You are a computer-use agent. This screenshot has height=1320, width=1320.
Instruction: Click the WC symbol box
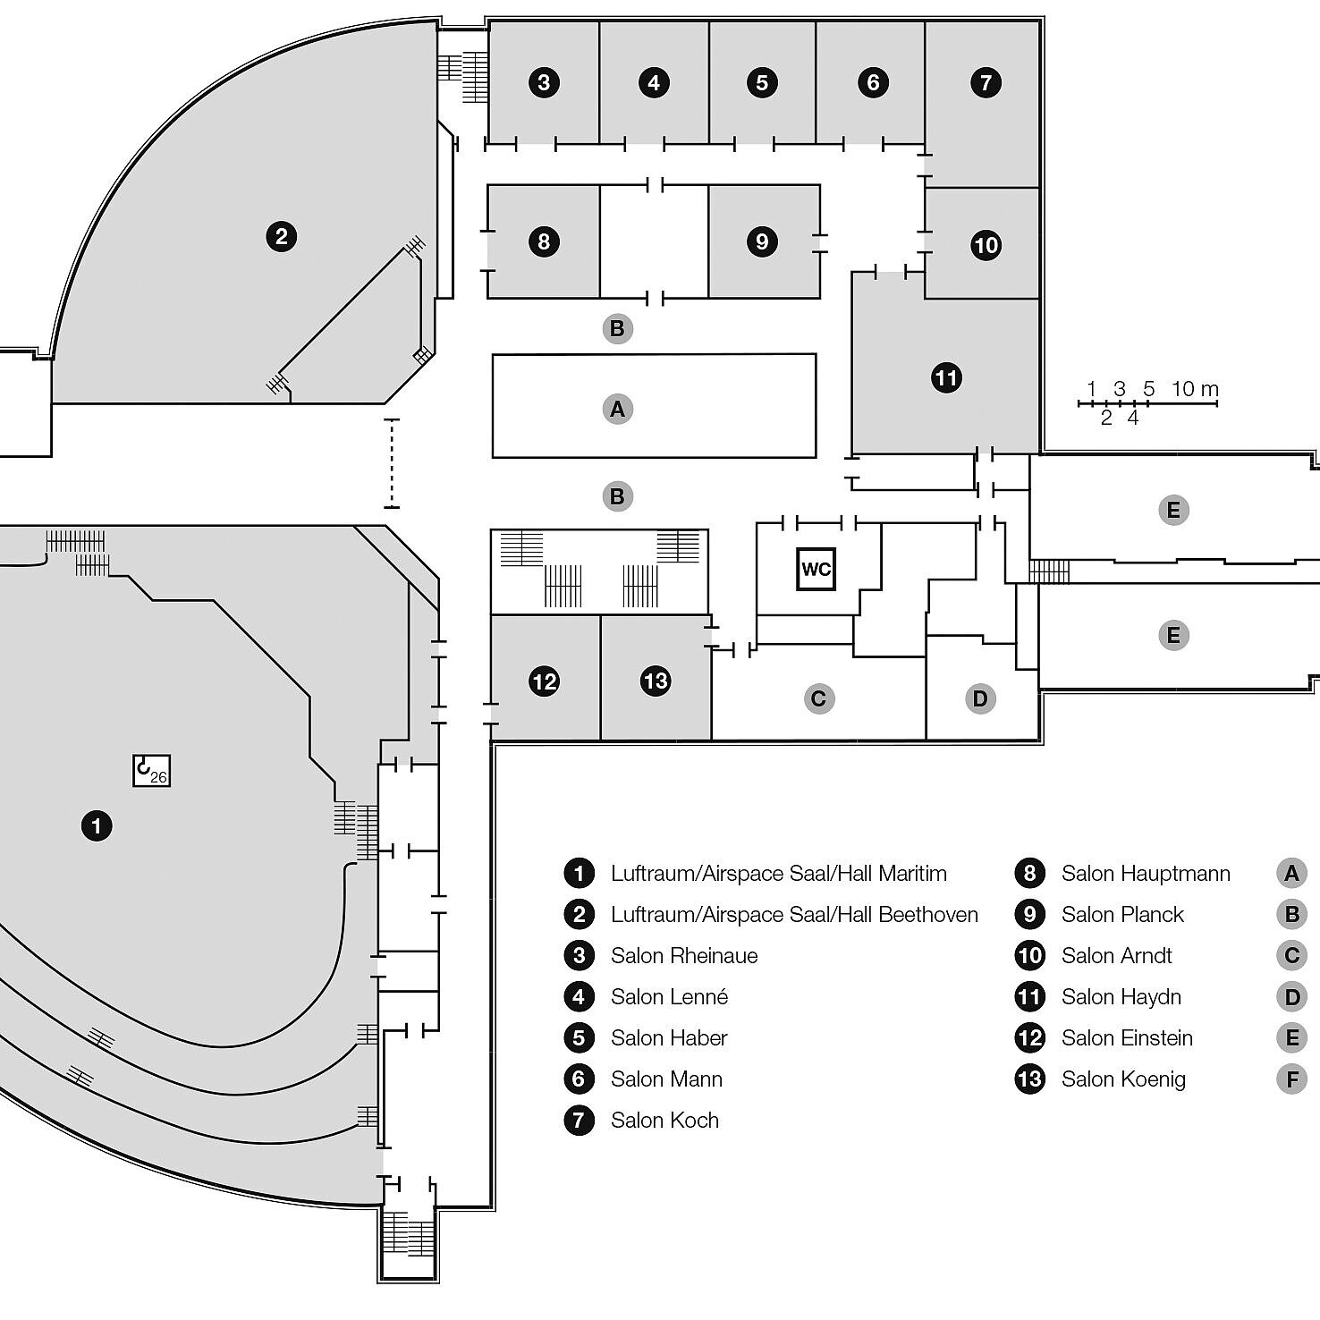[816, 569]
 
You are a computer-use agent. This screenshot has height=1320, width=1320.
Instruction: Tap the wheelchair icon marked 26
[151, 770]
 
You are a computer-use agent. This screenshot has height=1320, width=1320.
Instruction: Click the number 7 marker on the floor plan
[986, 83]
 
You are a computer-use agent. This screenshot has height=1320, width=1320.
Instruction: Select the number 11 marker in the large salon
[946, 377]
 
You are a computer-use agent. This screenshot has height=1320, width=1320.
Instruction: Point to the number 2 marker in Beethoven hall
[282, 237]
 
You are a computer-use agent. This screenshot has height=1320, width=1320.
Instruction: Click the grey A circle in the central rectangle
[617, 409]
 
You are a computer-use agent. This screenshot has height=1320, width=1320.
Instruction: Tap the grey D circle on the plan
[980, 698]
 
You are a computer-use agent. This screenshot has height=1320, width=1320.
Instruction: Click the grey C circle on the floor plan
[817, 698]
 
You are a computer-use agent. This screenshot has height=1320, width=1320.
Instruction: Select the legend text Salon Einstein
[1127, 1037]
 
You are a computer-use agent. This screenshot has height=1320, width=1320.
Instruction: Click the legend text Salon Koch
[664, 1120]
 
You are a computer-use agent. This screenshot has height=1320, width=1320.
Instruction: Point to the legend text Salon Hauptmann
[1146, 873]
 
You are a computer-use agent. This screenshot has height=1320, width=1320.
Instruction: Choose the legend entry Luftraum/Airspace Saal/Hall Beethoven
[794, 914]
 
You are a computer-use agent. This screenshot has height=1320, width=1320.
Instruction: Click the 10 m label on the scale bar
[1195, 389]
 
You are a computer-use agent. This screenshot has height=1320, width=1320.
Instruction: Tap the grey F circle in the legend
[1291, 1079]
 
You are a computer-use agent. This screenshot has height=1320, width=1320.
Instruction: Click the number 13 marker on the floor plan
[656, 681]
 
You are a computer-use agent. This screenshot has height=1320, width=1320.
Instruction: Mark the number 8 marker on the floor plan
[544, 241]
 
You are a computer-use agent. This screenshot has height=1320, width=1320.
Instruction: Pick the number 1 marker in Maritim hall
[97, 825]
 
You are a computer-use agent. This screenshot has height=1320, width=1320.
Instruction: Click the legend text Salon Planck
[1122, 914]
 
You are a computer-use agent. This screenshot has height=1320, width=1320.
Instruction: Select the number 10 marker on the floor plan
[986, 245]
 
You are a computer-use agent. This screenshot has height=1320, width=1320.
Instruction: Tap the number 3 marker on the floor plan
[544, 83]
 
